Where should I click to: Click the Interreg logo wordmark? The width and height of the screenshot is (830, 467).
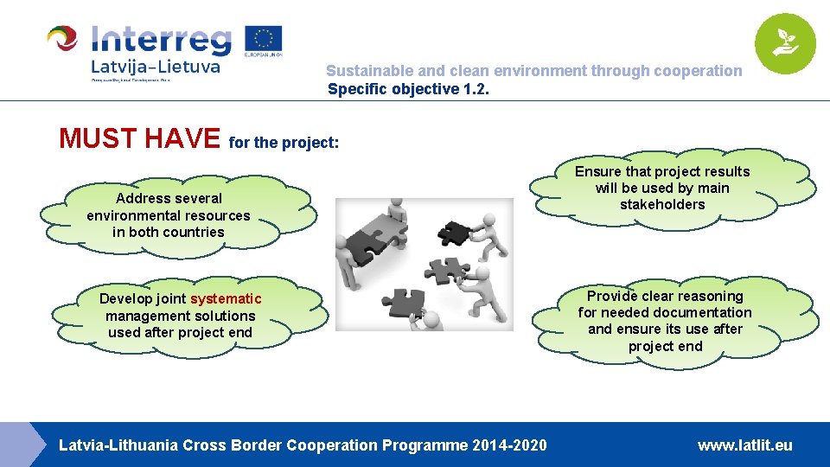(x=161, y=40)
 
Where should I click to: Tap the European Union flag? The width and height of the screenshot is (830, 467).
(x=263, y=41)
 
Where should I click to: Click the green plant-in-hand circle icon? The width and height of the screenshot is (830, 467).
(x=784, y=44)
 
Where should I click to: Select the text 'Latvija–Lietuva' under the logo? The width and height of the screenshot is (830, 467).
(x=156, y=66)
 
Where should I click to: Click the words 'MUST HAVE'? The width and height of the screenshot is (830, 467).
(x=139, y=138)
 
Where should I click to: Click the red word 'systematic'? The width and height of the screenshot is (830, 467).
(x=226, y=299)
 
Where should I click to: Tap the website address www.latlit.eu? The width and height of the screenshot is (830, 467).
(x=744, y=445)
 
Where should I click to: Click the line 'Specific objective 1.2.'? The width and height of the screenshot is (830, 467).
(x=408, y=88)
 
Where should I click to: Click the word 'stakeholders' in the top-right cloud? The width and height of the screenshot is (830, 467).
(x=662, y=205)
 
